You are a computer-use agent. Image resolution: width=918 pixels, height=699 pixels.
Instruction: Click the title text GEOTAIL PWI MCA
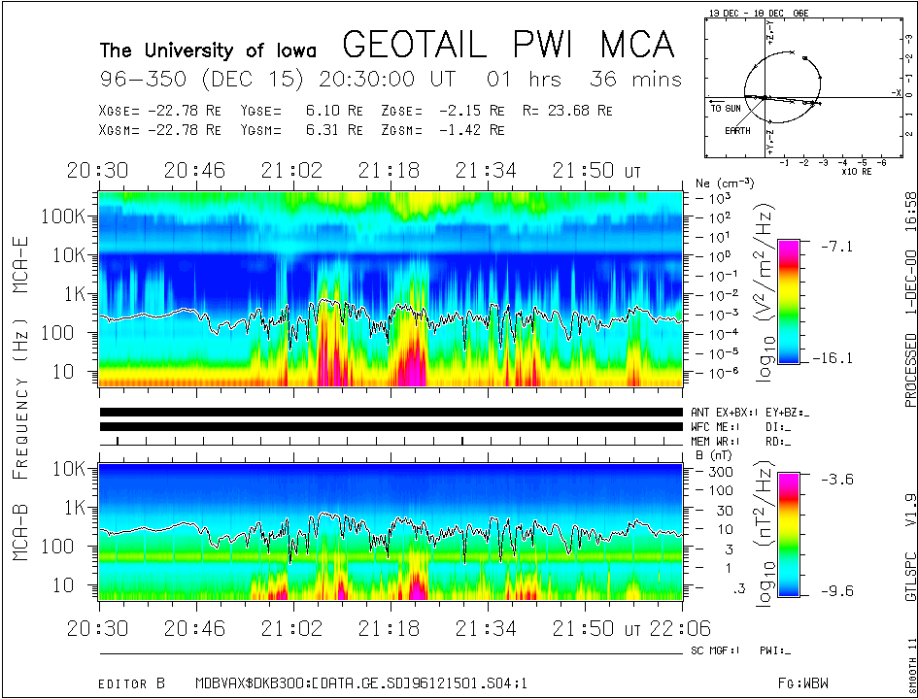click(x=508, y=44)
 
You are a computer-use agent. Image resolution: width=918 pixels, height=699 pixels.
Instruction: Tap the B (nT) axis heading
click(x=713, y=454)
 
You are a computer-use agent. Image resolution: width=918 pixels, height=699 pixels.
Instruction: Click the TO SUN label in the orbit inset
click(x=726, y=108)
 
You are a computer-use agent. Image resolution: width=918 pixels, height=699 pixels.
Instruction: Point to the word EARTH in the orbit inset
click(x=737, y=129)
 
